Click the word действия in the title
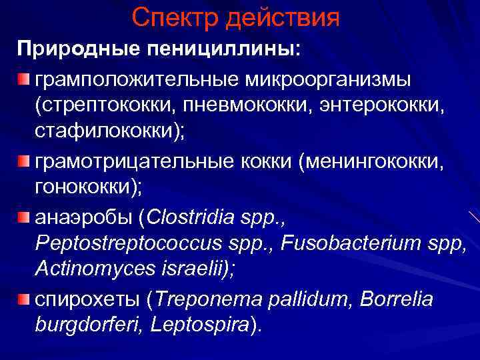coord(287,19)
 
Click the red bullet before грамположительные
coord(24,81)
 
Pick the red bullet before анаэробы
coord(24,218)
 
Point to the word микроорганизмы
coord(329,79)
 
